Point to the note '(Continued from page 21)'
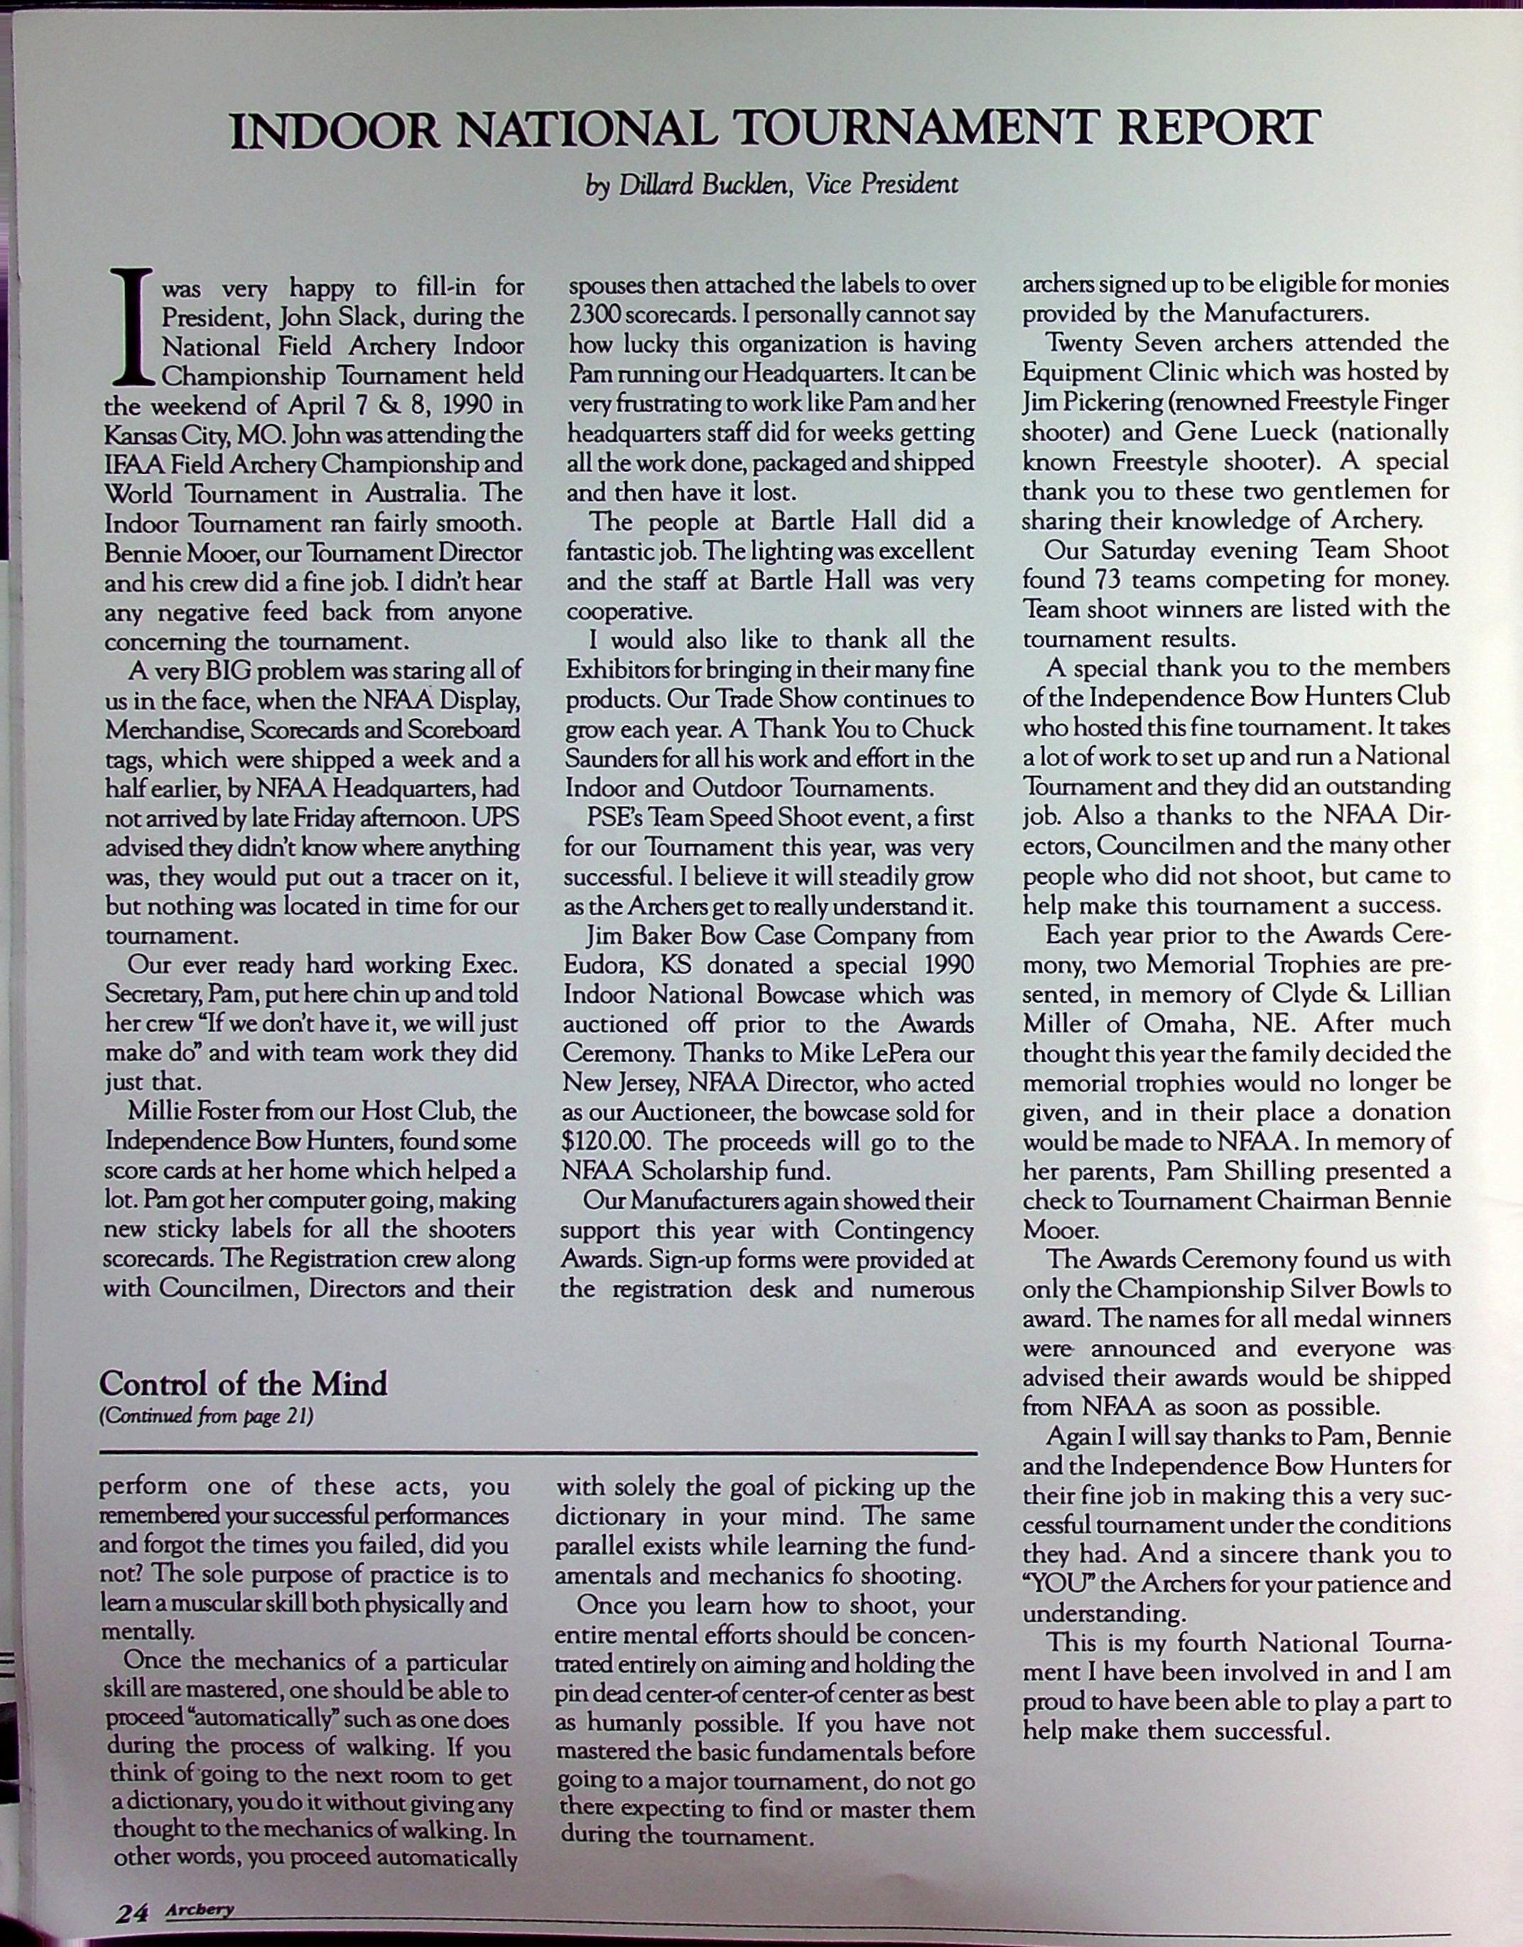(x=206, y=1416)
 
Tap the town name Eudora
(x=603, y=965)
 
